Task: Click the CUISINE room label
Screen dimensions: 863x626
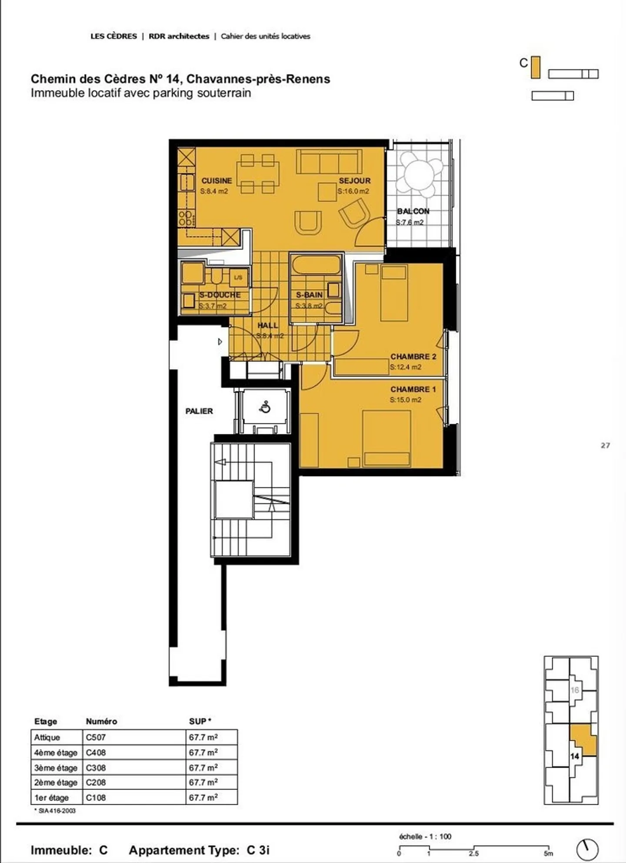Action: pyautogui.click(x=216, y=180)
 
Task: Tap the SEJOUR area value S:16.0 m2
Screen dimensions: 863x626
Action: pyautogui.click(x=353, y=191)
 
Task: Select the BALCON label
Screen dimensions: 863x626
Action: pyautogui.click(x=413, y=211)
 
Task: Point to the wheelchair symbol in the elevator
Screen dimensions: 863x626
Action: pyautogui.click(x=265, y=407)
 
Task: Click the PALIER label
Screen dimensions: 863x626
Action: pyautogui.click(x=199, y=411)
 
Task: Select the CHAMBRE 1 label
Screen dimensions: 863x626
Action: pyautogui.click(x=413, y=389)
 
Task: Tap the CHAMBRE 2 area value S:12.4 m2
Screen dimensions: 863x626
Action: pyautogui.click(x=405, y=367)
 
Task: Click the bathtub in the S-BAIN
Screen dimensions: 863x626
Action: pyautogui.click(x=316, y=265)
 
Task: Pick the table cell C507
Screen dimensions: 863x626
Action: pyautogui.click(x=96, y=737)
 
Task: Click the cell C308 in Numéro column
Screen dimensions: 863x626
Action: pyautogui.click(x=96, y=768)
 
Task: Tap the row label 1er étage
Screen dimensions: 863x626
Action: pyautogui.click(x=51, y=798)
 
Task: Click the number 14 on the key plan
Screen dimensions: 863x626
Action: pyautogui.click(x=575, y=756)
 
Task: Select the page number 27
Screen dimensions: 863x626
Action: pyautogui.click(x=605, y=445)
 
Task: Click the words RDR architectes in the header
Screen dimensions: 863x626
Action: pyautogui.click(x=179, y=37)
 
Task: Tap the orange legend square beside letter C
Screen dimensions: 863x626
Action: pyautogui.click(x=536, y=68)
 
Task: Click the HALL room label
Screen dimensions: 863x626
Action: pyautogui.click(x=267, y=325)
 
